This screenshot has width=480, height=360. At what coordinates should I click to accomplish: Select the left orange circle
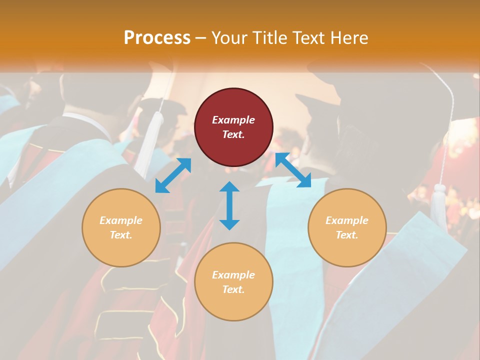pos(121,227)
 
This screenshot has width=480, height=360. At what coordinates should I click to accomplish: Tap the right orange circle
pos(347,227)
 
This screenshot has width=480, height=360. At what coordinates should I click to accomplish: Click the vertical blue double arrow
pos(229,205)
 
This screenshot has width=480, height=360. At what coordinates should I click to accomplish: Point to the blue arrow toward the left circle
pos(173,175)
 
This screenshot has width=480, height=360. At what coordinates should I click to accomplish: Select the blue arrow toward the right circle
pos(293,170)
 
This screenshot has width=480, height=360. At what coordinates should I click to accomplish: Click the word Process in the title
pos(157,37)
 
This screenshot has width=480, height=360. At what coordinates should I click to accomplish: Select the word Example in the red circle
pos(233,120)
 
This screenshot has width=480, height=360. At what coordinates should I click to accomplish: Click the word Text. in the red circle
pos(233,134)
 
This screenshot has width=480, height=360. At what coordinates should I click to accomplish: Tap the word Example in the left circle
pos(121,220)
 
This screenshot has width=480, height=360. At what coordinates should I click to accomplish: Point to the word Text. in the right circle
pos(347,235)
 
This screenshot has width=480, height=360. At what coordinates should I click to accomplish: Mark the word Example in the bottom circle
pos(233,275)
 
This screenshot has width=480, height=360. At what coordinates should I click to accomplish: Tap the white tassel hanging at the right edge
pos(438,205)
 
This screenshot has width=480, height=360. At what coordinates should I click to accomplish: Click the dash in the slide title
pos(201,37)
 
